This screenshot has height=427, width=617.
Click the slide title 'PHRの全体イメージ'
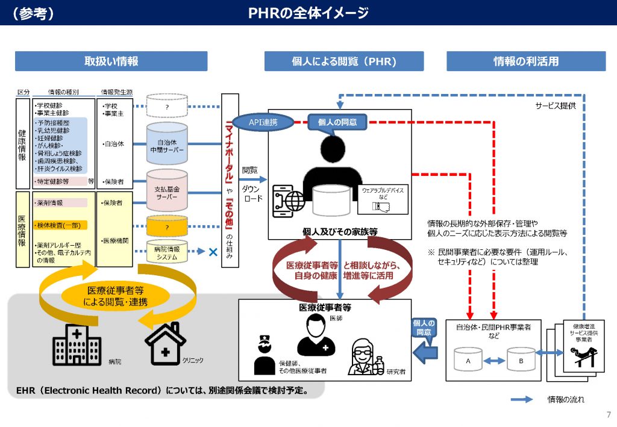click(x=308, y=13)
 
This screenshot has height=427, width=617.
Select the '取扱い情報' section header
click(x=111, y=61)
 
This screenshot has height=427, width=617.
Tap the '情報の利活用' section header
click(x=525, y=61)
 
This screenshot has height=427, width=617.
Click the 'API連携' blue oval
click(x=263, y=122)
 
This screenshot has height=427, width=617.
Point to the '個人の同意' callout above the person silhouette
click(x=337, y=122)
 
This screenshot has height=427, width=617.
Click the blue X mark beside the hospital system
click(x=212, y=251)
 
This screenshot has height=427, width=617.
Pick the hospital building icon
click(x=77, y=346)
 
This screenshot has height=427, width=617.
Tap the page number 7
click(x=607, y=414)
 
